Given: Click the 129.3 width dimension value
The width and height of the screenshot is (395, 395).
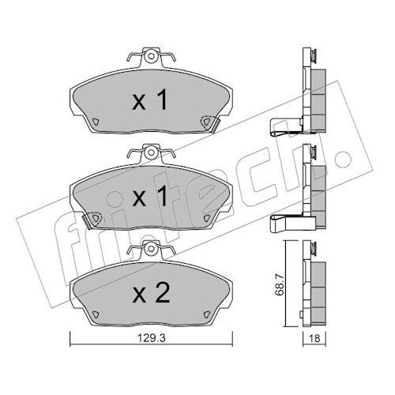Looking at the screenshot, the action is coord(151,338).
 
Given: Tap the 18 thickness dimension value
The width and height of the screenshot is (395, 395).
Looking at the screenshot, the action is coord(314,338).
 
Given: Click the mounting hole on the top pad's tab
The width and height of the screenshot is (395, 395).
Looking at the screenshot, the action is coord(151,56).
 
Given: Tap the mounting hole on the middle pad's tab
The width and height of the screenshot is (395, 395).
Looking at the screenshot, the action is coord(151,152).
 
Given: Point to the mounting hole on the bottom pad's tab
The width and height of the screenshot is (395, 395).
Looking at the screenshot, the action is coord(151,248).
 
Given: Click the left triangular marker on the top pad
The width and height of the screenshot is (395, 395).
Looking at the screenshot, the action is coord(96,122).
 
